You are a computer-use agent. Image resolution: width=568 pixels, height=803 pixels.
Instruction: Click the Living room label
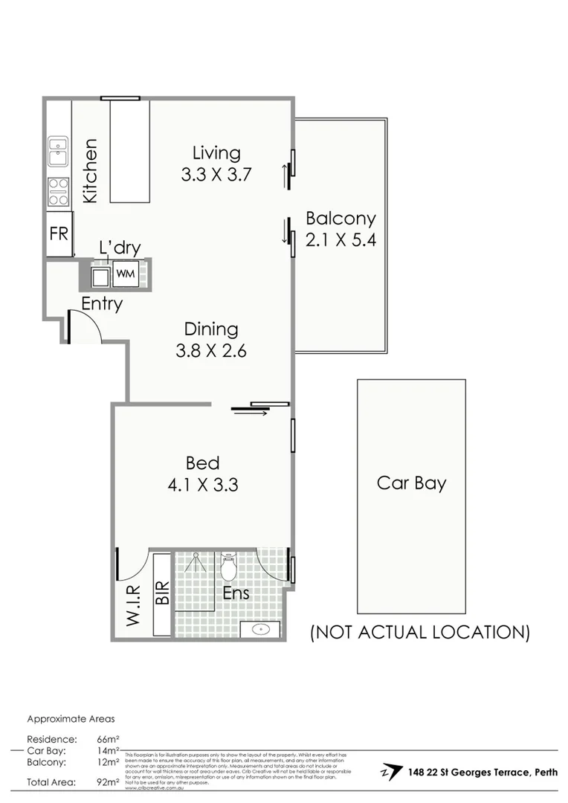216,153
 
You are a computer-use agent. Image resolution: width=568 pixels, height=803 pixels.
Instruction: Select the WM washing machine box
126,274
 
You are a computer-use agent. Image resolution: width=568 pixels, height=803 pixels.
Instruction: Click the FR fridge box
59,233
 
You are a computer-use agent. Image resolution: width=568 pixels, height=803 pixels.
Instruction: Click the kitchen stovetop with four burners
58,191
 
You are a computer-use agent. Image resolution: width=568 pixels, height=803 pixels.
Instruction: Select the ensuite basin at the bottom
260,630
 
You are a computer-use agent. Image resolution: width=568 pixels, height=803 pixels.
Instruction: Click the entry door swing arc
88,327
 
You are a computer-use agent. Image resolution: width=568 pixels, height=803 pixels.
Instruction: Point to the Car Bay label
411,483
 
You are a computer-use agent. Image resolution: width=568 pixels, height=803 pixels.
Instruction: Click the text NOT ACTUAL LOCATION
419,633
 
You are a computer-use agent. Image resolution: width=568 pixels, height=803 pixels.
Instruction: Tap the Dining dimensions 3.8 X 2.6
211,351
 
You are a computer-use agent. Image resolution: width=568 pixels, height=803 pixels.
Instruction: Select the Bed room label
202,463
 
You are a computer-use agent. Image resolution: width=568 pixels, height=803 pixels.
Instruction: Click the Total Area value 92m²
108,782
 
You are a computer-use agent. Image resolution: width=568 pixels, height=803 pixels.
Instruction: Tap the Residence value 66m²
108,739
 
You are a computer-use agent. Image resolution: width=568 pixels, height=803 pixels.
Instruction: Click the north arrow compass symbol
388,772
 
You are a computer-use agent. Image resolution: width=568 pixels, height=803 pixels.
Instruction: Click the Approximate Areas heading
71,719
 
